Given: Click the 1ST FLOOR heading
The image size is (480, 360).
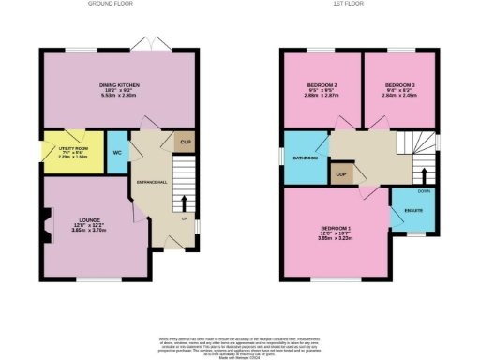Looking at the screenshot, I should click(356, 4).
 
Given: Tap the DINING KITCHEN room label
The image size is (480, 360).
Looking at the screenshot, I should click(118, 89).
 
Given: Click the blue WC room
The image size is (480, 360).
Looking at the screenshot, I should click(117, 151).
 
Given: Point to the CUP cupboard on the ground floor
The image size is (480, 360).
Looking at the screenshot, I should click(185, 142).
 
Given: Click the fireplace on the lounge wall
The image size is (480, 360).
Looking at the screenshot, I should click(46, 228).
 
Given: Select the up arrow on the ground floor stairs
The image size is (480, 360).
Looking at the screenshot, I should click(185, 203).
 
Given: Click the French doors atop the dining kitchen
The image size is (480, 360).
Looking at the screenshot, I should click(143, 45).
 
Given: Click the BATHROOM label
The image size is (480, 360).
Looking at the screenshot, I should click(305, 158).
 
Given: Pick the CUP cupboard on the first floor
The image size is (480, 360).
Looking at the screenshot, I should click(341, 175).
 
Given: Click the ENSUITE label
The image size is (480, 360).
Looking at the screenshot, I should click(412, 210).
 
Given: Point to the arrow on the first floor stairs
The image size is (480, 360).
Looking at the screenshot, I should click(426, 176).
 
